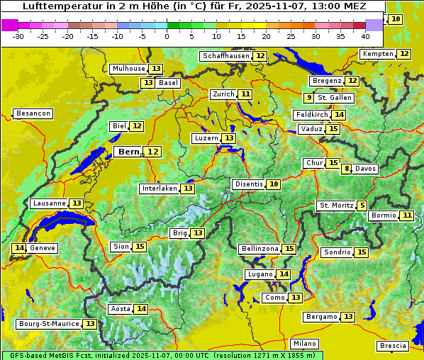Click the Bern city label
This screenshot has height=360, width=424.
pos(129,152)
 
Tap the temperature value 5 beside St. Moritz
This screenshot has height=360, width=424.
pos(362,206)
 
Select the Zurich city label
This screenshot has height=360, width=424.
pos(223,94)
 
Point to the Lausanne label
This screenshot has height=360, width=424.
pos(49,203)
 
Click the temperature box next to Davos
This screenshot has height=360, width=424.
pos(347,169)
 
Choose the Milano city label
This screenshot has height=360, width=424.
pos(305,343)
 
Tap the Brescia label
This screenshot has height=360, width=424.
pos(393,346)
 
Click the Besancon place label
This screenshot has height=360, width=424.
pos(33,113)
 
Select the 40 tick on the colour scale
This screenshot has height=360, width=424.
pos(365,36)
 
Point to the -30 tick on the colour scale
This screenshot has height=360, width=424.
pos(18,36)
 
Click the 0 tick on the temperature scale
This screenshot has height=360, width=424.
pos(167,36)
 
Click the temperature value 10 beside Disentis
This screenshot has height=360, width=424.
pos(273,184)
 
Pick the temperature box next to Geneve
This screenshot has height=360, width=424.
pos(19,248)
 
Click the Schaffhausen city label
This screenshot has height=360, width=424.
pos(225,56)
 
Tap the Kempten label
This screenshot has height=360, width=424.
pos(376,54)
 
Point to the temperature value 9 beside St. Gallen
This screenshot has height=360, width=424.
pos(309,98)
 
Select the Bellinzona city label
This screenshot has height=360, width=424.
pos(259,249)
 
